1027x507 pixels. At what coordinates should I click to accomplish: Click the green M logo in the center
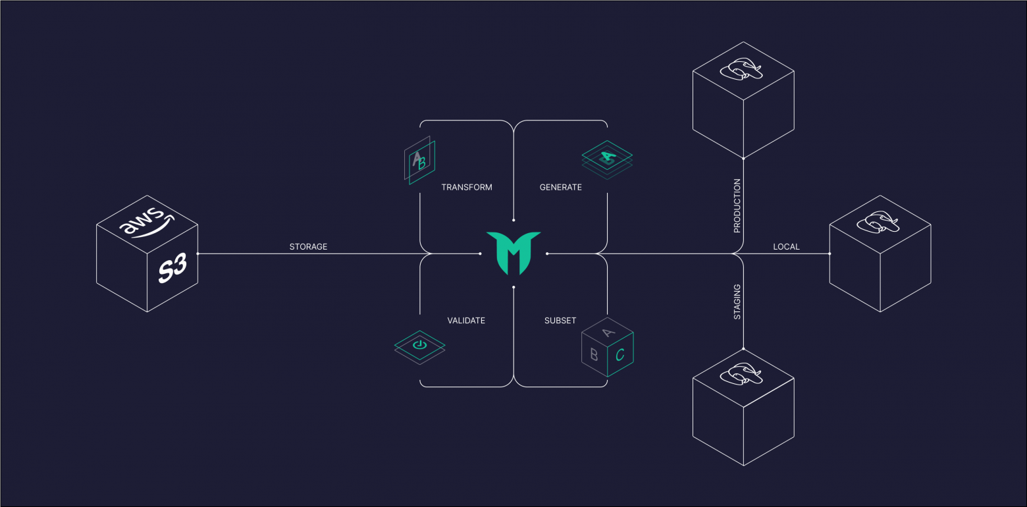pyautogui.click(x=513, y=253)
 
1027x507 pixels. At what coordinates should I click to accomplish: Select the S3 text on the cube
pyautogui.click(x=172, y=269)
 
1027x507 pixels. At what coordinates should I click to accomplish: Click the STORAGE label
pyautogui.click(x=308, y=247)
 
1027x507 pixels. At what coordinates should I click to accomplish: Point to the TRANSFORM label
pyautogui.click(x=467, y=187)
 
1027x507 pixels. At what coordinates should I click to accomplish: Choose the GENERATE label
pyautogui.click(x=561, y=187)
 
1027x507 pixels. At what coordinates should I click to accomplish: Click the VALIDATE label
pyautogui.click(x=466, y=321)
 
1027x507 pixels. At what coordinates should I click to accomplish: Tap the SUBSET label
pyautogui.click(x=560, y=321)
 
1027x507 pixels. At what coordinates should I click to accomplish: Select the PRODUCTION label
pyautogui.click(x=737, y=205)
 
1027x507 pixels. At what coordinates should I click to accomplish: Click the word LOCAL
pyautogui.click(x=786, y=247)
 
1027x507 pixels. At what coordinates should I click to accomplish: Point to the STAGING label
pyautogui.click(x=737, y=302)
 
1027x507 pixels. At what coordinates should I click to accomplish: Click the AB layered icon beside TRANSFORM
pyautogui.click(x=419, y=160)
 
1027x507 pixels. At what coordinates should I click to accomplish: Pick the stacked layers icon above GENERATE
pyautogui.click(x=607, y=157)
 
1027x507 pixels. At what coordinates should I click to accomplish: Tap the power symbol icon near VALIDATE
pyautogui.click(x=419, y=344)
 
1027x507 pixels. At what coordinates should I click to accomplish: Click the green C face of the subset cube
pyautogui.click(x=620, y=354)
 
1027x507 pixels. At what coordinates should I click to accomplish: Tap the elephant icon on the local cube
pyautogui.click(x=880, y=223)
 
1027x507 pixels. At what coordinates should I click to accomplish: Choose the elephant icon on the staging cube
pyautogui.click(x=743, y=374)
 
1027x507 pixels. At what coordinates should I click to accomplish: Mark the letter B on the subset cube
pyautogui.click(x=594, y=354)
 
